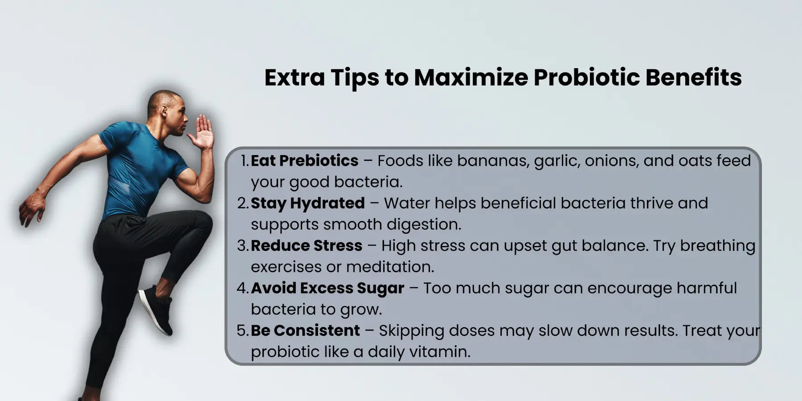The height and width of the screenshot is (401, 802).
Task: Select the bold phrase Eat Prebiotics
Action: pyautogui.click(x=304, y=160)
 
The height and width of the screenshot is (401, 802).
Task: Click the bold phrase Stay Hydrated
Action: pyautogui.click(x=307, y=204)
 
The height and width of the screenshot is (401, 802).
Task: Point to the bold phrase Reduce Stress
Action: pyautogui.click(x=307, y=246)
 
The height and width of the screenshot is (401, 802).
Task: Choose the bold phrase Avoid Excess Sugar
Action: pyautogui.click(x=327, y=289)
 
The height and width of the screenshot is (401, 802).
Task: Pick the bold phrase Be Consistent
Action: pyautogui.click(x=305, y=331)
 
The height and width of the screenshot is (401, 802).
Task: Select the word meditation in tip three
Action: pyautogui.click(x=390, y=267)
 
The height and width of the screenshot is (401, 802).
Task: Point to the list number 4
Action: pyautogui.click(x=242, y=288)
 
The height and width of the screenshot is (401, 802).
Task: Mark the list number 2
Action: pyautogui.click(x=242, y=204)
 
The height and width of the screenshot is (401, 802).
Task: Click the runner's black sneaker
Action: pyautogui.click(x=156, y=309)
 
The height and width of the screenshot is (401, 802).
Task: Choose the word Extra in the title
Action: pyautogui.click(x=295, y=78)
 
